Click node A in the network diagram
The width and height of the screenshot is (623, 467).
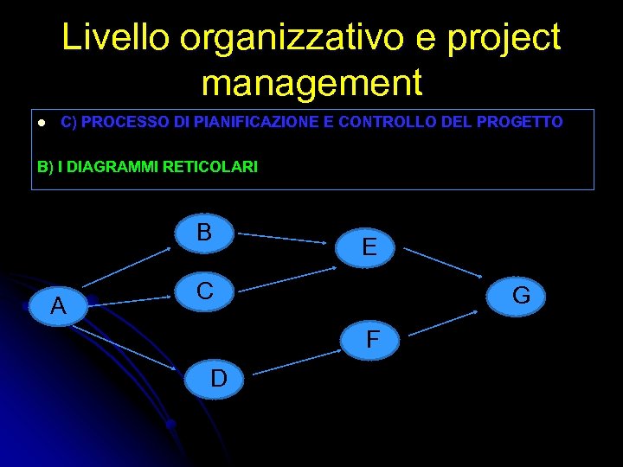click(x=58, y=305)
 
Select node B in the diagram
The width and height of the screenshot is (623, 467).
click(x=204, y=233)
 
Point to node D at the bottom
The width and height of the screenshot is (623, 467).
click(x=219, y=378)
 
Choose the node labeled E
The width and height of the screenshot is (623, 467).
click(x=369, y=247)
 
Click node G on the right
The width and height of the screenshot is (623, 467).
click(x=521, y=297)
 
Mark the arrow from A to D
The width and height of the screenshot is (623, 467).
click(x=130, y=347)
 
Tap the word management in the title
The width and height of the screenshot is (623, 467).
click(x=311, y=83)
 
